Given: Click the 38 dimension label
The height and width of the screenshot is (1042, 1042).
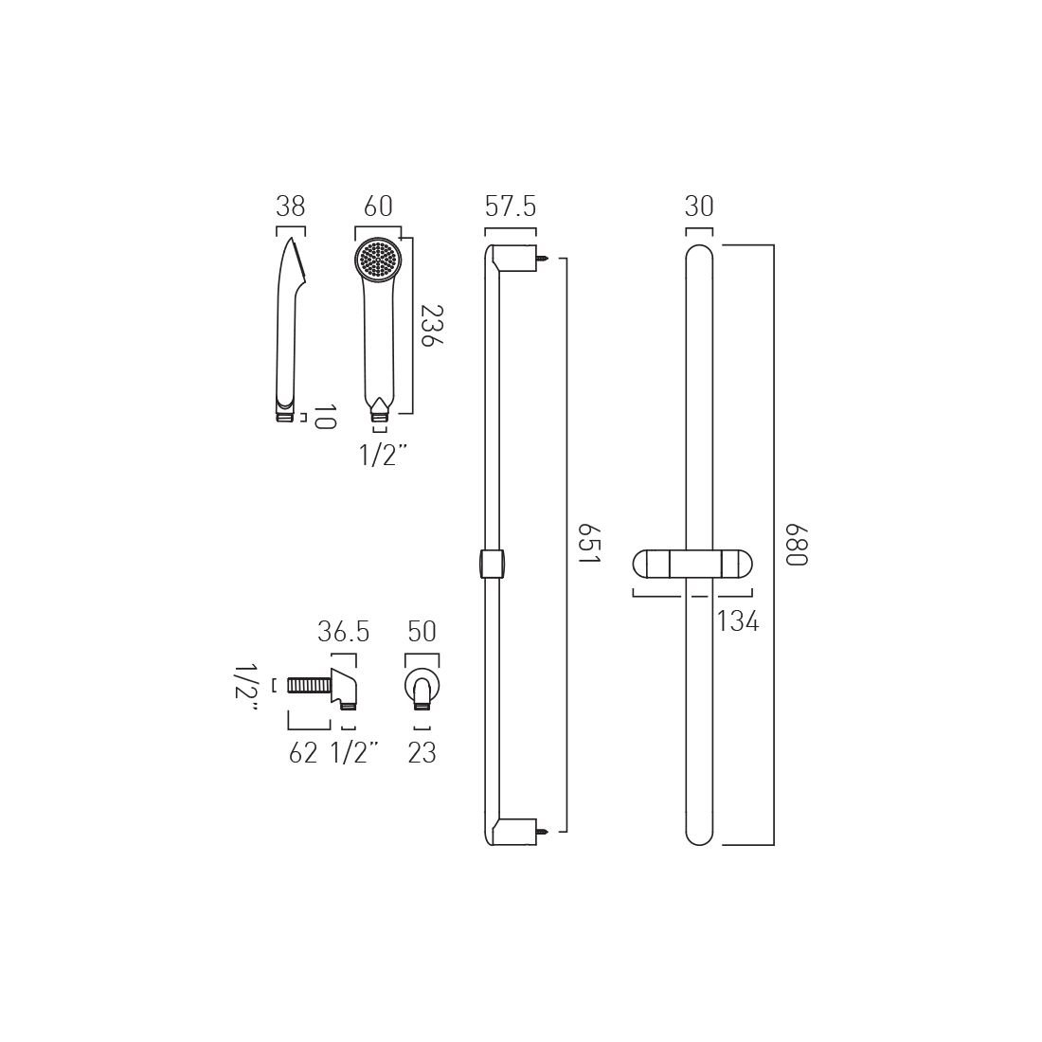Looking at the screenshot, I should (x=291, y=207).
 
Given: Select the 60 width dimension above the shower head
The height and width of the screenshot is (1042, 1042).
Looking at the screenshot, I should (x=378, y=207).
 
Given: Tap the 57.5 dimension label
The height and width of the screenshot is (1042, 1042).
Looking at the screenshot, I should (x=511, y=207).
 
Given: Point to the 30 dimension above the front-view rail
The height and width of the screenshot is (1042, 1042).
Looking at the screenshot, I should (x=698, y=207).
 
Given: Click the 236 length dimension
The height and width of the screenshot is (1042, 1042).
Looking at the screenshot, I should (x=432, y=327).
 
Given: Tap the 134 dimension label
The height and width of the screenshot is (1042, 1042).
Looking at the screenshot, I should (x=738, y=622).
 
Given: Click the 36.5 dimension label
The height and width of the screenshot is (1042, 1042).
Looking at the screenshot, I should (x=342, y=632).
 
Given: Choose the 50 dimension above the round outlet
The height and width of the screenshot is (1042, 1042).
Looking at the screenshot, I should (x=422, y=632).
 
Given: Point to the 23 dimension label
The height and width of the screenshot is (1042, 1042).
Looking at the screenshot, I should (x=422, y=753).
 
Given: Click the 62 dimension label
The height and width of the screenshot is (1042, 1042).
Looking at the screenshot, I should (x=303, y=753).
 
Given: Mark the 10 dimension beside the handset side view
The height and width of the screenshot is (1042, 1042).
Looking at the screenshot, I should (x=324, y=418).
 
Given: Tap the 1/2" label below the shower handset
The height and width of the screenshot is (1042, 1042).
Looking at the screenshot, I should (x=383, y=456).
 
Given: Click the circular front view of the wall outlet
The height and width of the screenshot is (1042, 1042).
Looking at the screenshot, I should (x=422, y=686).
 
